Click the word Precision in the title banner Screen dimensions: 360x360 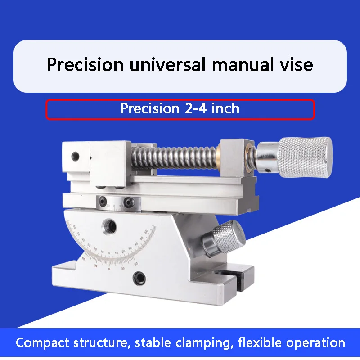[x=85, y=65]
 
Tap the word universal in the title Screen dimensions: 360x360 [x=167, y=65]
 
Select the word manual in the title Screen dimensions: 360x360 [x=243, y=65]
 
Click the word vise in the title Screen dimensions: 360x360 [x=296, y=65]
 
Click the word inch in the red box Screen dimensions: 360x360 [x=225, y=108]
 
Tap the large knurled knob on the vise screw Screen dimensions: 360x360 [x=305, y=157]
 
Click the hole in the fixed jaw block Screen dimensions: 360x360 [x=75, y=156]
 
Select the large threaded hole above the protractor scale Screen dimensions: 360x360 [x=109, y=226]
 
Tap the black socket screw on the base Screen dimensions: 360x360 [x=139, y=278]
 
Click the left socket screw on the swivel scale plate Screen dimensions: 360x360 [x=103, y=202]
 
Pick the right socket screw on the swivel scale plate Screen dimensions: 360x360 [x=129, y=202]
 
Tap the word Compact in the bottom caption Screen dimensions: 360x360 [x=42, y=343]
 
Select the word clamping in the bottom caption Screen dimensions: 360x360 [x=203, y=343]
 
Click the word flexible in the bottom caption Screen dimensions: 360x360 [x=260, y=342]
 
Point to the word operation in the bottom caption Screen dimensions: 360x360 [x=316, y=343]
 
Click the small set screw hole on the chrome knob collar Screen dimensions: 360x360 [x=266, y=171]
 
